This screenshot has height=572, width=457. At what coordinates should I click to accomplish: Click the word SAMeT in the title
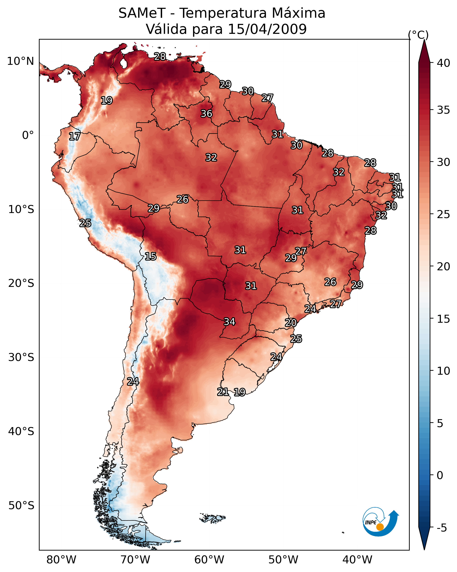point(142,13)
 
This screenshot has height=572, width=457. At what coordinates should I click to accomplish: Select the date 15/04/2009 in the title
point(267,29)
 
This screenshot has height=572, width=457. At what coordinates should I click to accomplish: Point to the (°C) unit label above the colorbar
point(418,35)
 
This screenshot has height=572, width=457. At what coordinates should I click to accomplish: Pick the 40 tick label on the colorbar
point(443,63)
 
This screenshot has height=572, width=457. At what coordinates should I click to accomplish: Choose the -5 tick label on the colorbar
point(442,528)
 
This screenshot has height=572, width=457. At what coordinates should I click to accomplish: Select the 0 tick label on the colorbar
point(440,475)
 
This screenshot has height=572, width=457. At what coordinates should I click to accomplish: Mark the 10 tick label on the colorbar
point(443,371)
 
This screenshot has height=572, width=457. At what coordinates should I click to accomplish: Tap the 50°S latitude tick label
point(21,506)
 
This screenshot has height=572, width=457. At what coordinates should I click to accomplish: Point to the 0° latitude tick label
point(28,135)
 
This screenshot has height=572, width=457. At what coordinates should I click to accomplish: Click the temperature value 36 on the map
point(206,114)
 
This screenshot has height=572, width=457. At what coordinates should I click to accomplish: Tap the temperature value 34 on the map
point(229,322)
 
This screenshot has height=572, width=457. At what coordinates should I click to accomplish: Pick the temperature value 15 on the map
point(150,256)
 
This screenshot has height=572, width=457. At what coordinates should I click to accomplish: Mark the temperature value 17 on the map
point(75,136)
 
